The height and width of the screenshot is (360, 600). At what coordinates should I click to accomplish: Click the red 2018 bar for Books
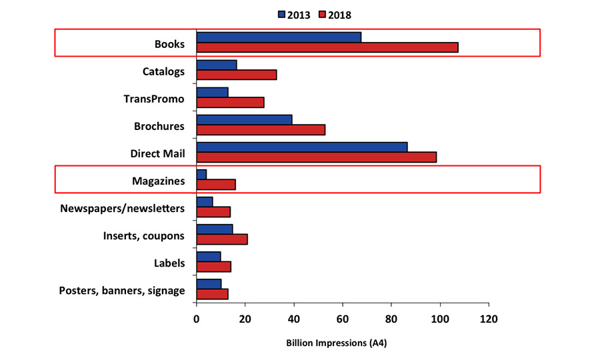(327, 47)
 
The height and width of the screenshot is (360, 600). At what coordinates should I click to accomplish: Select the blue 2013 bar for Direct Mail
(301, 147)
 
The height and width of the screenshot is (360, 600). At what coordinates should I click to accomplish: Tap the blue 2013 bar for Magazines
(201, 174)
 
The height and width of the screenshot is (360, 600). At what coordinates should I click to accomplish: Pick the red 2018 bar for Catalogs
(236, 75)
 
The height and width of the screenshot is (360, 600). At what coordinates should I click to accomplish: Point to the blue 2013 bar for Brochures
(244, 119)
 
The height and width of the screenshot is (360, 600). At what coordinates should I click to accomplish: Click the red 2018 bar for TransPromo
(230, 102)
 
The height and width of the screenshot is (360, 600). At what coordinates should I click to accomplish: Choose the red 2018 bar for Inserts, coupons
(221, 239)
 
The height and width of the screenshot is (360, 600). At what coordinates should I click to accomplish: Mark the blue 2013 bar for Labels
(208, 257)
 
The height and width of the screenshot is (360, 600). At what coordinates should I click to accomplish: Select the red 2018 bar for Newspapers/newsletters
(213, 212)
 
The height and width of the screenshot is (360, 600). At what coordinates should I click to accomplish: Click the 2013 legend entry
(293, 14)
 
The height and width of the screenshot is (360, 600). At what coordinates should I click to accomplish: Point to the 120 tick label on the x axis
(489, 319)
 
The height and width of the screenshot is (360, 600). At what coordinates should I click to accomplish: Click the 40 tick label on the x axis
(294, 319)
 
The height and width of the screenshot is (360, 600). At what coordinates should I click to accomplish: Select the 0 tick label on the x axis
(197, 319)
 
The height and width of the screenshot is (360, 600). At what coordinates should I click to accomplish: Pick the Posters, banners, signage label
(122, 291)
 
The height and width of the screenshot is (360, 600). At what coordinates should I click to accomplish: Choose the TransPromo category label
(154, 99)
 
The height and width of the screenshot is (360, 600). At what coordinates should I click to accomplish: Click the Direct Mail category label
(157, 154)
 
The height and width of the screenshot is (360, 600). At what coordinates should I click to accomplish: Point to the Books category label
(170, 44)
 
